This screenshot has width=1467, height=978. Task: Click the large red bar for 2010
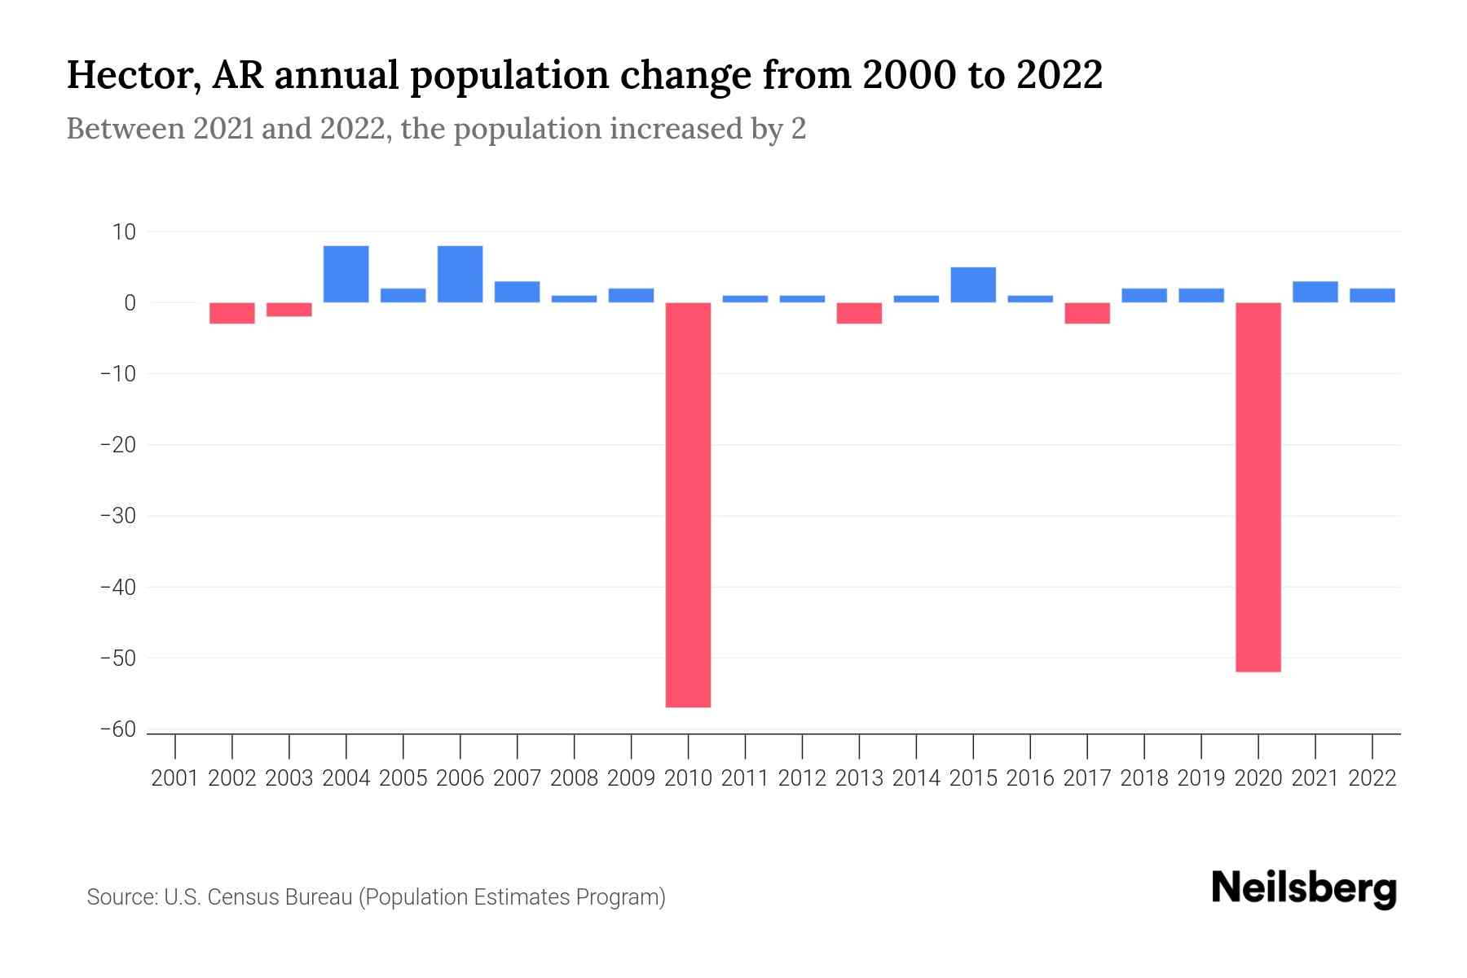[688, 504]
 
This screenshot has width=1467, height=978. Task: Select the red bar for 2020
[1258, 487]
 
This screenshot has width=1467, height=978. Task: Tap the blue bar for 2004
[346, 274]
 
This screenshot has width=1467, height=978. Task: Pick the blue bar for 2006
[460, 274]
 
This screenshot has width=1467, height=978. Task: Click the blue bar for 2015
[972, 284]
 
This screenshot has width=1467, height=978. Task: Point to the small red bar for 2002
[232, 313]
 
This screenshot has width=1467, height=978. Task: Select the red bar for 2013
[859, 313]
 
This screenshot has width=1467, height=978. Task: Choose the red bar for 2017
[1086, 313]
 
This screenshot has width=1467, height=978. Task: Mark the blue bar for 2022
[1372, 295]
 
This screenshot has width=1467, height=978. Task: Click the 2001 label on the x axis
[175, 778]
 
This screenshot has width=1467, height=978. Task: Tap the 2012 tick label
[802, 778]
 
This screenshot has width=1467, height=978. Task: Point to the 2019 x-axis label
[1200, 778]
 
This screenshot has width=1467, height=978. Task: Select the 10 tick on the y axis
[124, 232]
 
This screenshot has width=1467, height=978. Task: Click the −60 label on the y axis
[117, 729]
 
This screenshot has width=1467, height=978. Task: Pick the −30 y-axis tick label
[117, 516]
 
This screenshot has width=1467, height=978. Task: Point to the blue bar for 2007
[517, 292]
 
